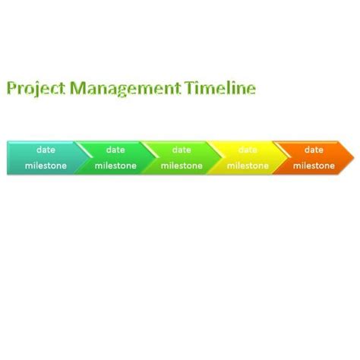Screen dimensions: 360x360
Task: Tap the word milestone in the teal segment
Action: click(46, 166)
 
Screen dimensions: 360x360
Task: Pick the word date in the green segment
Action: click(115, 150)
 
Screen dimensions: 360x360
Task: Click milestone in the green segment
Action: click(115, 166)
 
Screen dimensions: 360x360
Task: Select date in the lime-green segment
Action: click(182, 150)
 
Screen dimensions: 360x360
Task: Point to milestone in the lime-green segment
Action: click(182, 166)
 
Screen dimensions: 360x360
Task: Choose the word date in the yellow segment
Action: click(248, 150)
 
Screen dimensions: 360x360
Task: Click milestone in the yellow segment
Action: click(248, 166)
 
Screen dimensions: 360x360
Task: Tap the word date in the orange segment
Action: click(314, 150)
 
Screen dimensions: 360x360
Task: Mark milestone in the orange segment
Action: click(314, 166)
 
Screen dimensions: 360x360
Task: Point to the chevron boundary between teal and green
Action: click(82, 158)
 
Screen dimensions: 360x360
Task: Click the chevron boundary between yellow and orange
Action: click(281, 158)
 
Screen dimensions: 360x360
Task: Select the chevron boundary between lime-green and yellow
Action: click(215, 158)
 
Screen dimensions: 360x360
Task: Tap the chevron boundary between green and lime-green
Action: click(149, 158)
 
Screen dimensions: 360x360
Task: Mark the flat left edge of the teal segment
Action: click(8, 158)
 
